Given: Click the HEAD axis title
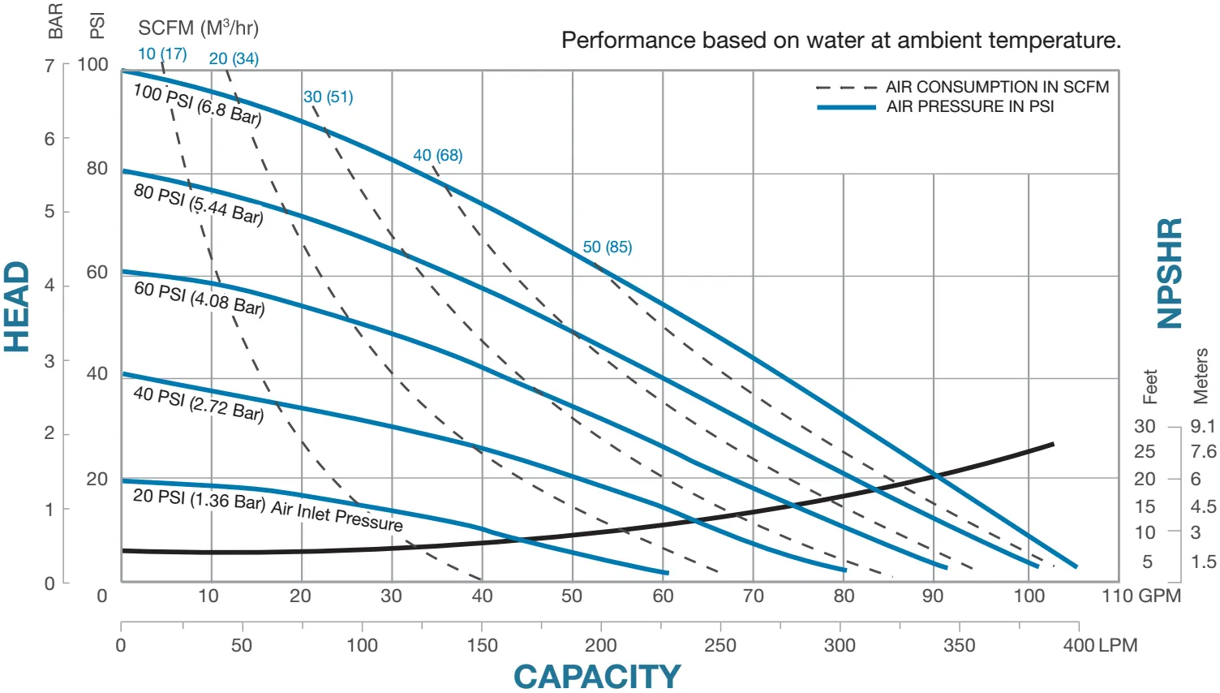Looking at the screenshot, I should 17,307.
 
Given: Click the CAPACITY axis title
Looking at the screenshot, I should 597,676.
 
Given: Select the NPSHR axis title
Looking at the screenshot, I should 1169,273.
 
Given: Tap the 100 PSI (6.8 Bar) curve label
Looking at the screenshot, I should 197,105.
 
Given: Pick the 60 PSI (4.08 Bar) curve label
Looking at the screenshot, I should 200,298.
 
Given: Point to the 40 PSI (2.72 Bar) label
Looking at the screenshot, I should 199,403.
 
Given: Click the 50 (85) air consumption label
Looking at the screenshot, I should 607,247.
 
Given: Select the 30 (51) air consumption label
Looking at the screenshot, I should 329,97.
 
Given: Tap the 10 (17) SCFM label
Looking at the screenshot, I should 162,54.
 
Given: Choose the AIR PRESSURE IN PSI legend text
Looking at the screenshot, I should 969,106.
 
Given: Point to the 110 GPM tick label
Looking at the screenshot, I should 1141,596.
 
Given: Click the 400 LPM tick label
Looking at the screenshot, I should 1100,645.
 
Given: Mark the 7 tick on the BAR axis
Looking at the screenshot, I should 49,65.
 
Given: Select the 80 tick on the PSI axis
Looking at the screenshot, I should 97,168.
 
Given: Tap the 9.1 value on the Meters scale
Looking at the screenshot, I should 1203,426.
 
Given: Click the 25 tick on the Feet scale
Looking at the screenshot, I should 1145,451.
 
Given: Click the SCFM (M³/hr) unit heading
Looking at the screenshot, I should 198,28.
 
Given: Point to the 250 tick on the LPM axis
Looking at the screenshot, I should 720,645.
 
